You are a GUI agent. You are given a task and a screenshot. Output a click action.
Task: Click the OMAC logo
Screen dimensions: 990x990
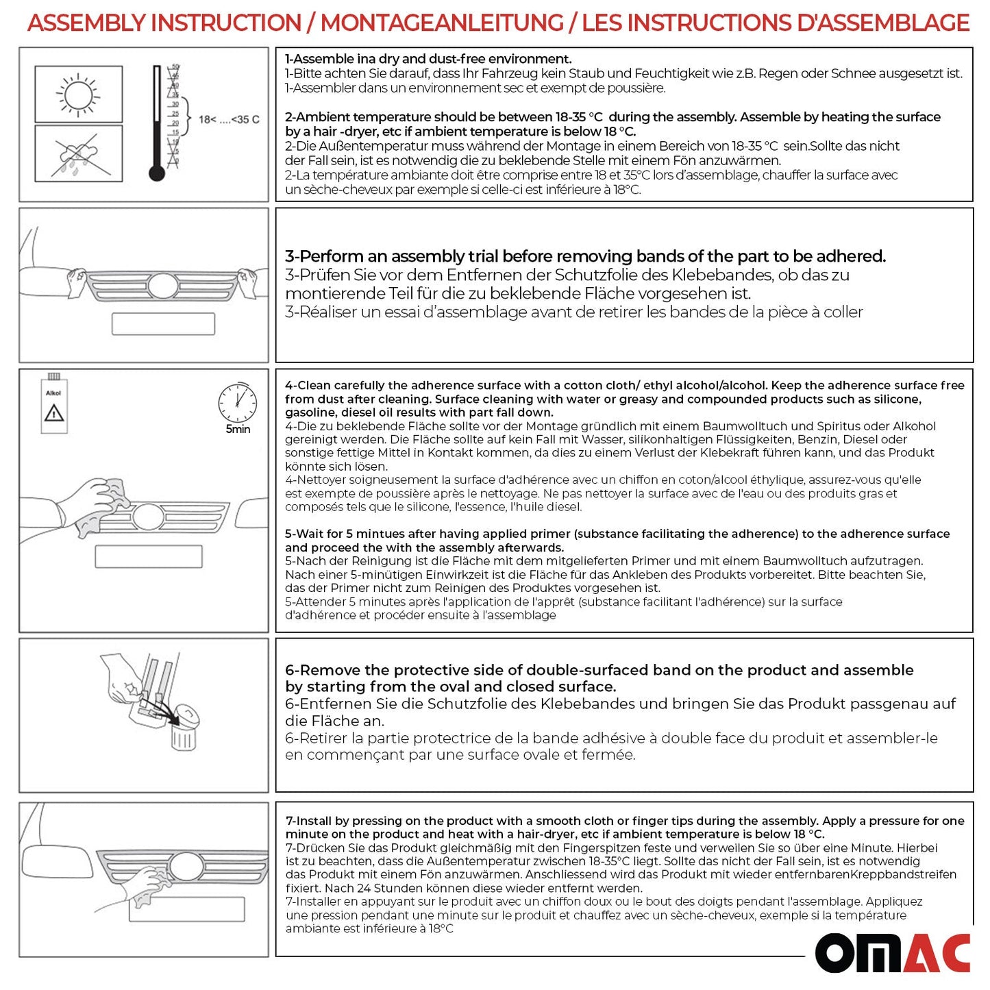coord(892,952)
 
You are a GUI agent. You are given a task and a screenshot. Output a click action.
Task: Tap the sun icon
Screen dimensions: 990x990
coord(78,94)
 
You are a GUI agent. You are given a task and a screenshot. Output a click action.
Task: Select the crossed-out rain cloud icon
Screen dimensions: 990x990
coord(78,153)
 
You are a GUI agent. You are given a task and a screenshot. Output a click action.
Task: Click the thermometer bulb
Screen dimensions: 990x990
coord(157,173)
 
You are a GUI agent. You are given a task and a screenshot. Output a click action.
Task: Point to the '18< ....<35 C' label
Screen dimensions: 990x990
coord(229,120)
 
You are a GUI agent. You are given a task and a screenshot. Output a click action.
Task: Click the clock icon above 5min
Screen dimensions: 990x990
coord(237,403)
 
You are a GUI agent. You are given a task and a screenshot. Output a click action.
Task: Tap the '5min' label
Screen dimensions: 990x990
coord(238,430)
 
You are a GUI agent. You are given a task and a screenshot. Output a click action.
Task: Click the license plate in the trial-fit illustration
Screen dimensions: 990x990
coord(163,324)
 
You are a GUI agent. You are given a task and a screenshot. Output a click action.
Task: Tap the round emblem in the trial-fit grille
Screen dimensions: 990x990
coord(163,286)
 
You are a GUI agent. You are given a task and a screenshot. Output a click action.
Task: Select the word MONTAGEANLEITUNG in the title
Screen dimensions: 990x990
coord(442,23)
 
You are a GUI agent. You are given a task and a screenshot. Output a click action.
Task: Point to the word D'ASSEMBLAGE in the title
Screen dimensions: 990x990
coord(884,23)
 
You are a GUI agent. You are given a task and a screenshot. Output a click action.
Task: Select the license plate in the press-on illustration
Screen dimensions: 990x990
coord(186,909)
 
